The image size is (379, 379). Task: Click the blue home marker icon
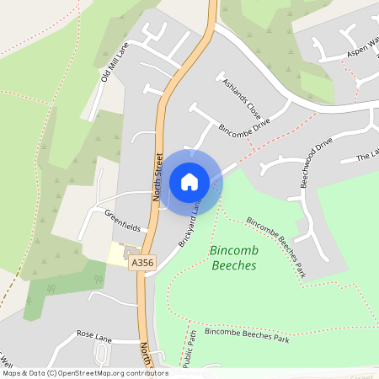(x=189, y=181)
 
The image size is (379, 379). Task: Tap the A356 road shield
(x=141, y=264)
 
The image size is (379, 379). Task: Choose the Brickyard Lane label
(x=190, y=224)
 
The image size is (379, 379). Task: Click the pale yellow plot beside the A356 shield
(x=117, y=254)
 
